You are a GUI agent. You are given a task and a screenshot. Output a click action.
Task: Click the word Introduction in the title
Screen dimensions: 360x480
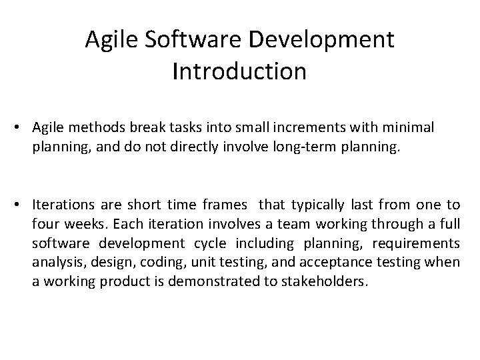click(239, 71)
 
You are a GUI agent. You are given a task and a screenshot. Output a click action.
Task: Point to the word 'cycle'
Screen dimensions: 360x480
click(230, 243)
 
